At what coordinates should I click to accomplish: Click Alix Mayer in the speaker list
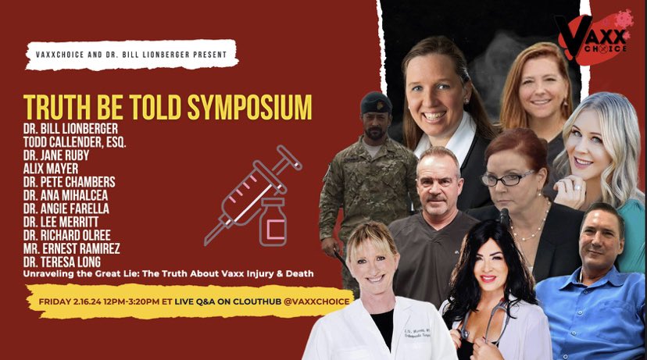pos(50,167)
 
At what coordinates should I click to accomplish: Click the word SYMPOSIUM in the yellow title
pos(245,106)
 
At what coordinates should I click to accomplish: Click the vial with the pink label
pos(273,223)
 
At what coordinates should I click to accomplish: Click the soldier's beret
pos(375,102)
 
